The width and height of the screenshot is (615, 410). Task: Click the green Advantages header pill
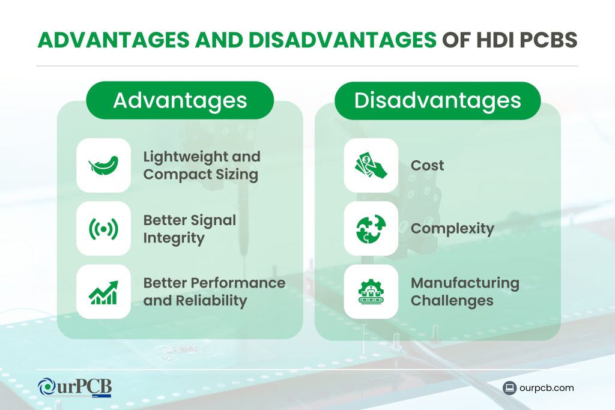coord(180,100)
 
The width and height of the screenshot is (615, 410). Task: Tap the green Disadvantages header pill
coord(437,100)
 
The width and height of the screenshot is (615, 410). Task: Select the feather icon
coord(103,165)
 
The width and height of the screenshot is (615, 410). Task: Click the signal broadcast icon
coord(103,228)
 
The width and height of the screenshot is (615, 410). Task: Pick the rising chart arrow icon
coord(103,291)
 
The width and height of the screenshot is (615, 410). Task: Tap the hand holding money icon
coord(371,165)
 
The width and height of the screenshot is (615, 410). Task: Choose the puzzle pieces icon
coord(371,228)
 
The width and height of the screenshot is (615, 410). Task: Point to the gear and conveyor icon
coord(371,291)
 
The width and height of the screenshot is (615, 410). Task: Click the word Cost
coord(427,165)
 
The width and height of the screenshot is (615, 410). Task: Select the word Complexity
coord(452,228)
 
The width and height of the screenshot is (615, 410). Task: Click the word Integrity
coord(174,238)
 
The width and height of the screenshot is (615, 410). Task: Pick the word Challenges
coord(452,301)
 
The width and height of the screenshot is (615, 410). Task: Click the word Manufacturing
coord(465,283)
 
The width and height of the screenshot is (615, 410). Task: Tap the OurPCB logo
coord(74,387)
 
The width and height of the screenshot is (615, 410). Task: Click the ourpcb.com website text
coord(547,388)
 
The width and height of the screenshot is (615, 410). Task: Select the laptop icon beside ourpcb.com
coord(510,388)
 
